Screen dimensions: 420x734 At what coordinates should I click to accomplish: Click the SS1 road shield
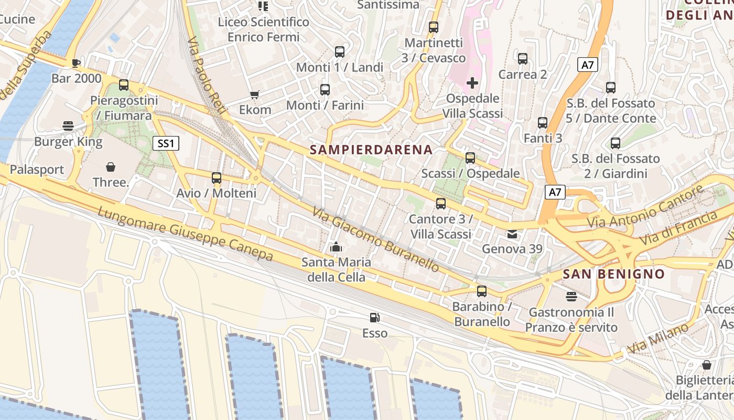(x=166, y=143)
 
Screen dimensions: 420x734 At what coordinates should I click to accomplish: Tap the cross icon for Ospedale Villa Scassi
(x=472, y=82)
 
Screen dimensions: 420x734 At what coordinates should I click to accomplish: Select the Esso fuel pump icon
(x=375, y=317)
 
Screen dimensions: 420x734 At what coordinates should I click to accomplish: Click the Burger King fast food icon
(x=68, y=125)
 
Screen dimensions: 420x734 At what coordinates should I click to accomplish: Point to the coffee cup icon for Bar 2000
(x=76, y=63)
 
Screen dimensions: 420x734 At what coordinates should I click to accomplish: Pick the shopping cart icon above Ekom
(x=255, y=94)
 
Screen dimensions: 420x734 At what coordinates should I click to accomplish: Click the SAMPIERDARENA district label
(x=371, y=150)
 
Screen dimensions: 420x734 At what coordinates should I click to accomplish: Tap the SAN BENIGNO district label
(x=613, y=274)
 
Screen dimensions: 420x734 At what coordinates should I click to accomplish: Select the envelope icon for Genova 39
(x=512, y=234)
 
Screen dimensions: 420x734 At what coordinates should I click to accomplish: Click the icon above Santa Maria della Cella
(x=336, y=246)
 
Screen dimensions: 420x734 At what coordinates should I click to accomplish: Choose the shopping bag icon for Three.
(x=111, y=167)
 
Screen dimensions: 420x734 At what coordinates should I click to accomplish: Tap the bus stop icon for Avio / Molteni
(x=217, y=177)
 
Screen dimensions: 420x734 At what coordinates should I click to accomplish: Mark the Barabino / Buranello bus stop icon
(x=482, y=291)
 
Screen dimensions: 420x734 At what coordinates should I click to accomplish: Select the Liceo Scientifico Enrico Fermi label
(x=264, y=29)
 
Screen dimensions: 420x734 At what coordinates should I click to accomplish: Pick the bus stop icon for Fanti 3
(x=543, y=123)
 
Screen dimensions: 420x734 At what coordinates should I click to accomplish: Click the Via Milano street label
(x=659, y=339)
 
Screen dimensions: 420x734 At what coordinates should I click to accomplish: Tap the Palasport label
(x=37, y=170)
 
